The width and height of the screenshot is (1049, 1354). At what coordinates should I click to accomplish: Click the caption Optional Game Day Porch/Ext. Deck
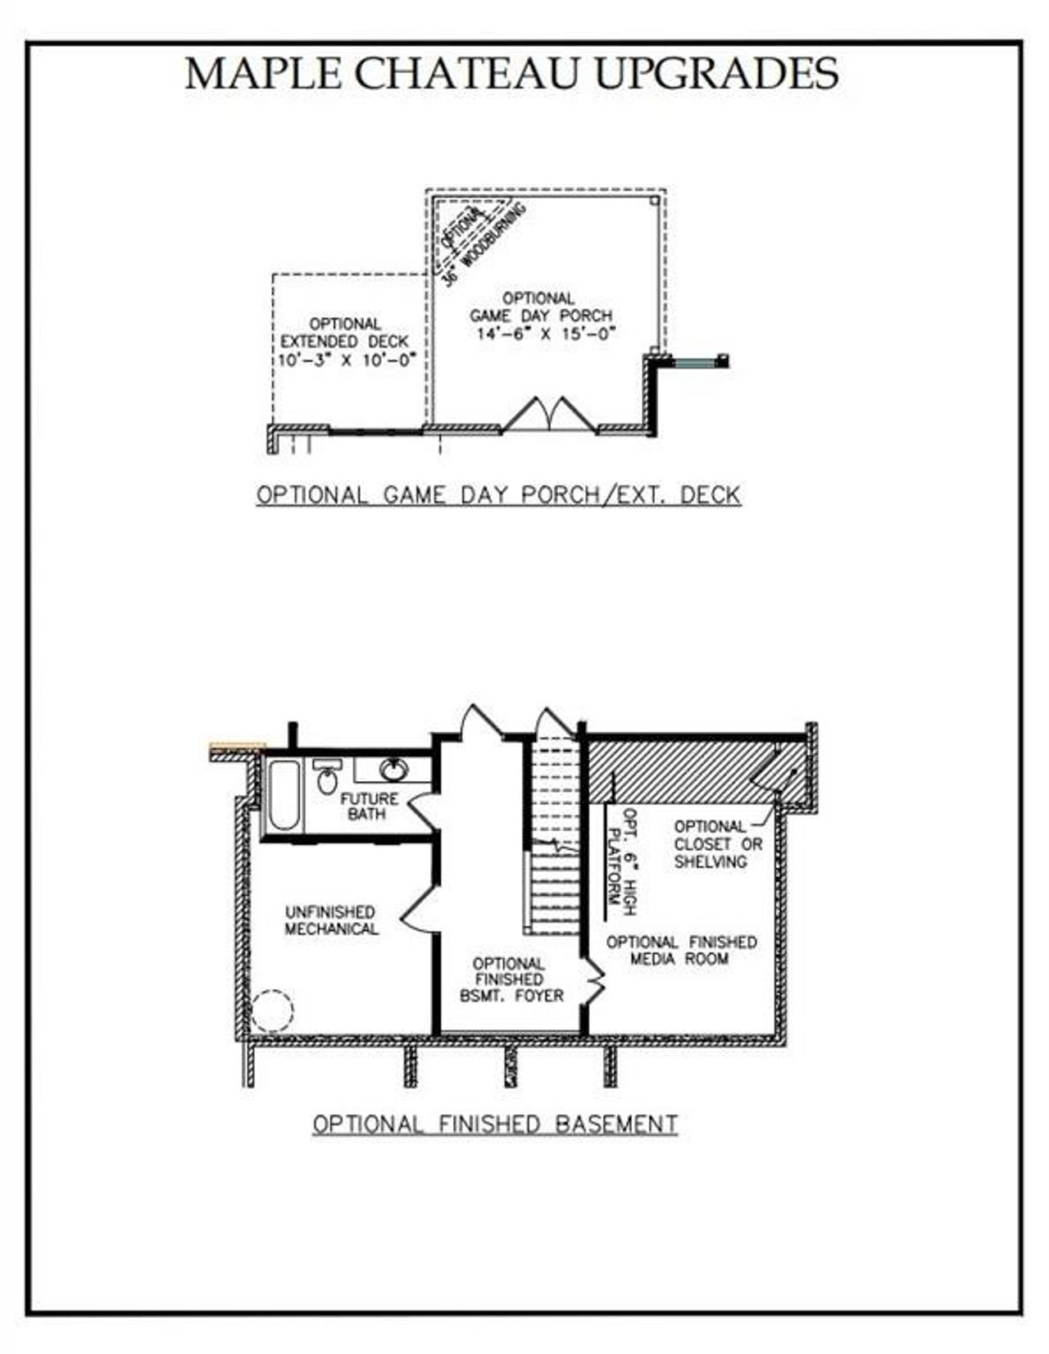(498, 495)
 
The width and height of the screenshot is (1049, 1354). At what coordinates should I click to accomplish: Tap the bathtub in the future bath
(284, 796)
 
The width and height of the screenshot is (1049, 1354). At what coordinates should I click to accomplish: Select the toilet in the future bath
(327, 778)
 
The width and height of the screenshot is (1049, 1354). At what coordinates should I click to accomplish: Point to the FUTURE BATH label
(368, 806)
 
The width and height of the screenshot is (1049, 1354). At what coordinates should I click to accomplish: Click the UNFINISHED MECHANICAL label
(331, 920)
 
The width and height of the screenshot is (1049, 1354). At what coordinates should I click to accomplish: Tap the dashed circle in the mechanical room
(271, 1010)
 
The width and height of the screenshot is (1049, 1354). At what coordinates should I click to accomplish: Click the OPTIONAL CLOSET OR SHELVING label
(718, 843)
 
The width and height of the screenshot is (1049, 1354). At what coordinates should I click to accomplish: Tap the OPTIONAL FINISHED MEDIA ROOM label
(681, 950)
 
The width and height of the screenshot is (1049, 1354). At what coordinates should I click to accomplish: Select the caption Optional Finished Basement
(495, 1124)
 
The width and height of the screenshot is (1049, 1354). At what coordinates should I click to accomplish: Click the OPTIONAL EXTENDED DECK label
(344, 333)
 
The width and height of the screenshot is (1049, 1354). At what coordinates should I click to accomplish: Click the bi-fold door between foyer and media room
(596, 979)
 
